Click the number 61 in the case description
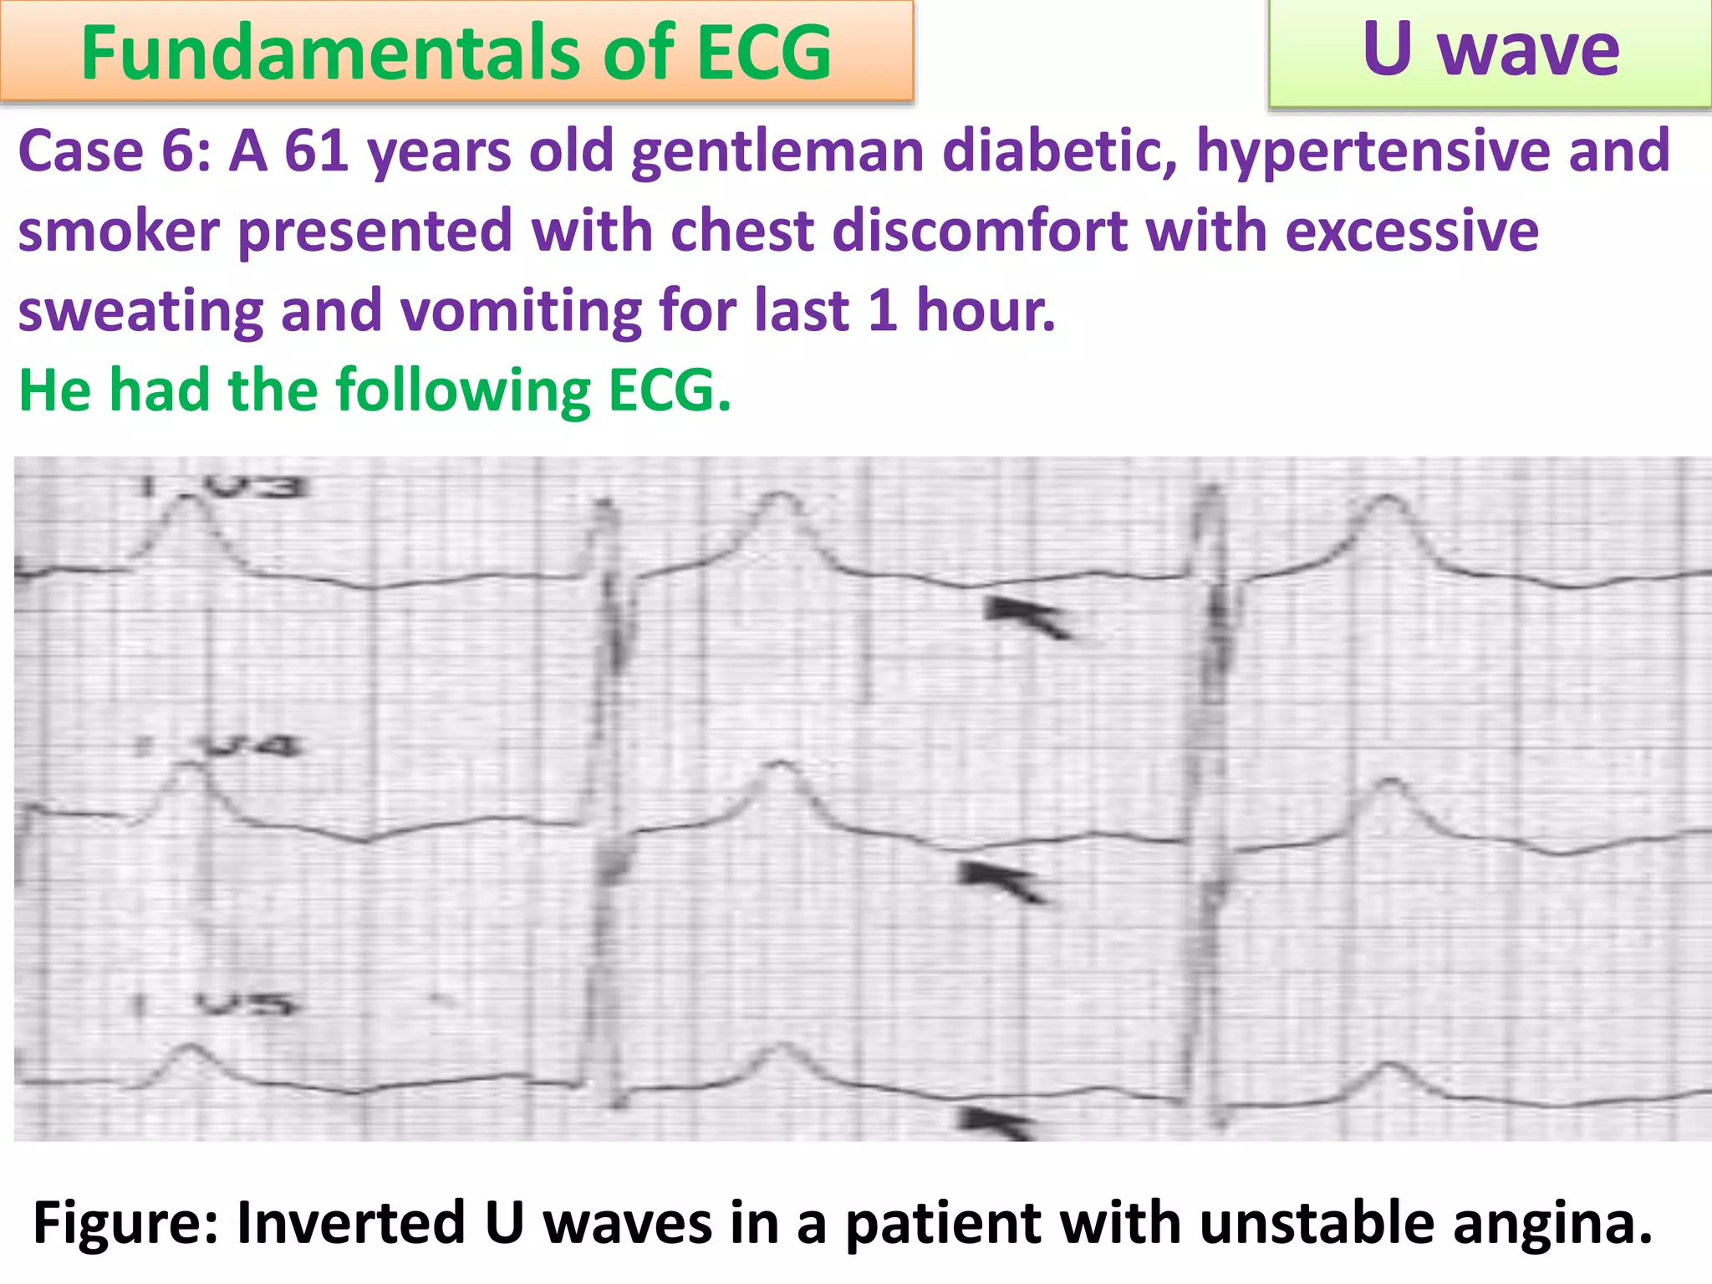tap(316, 151)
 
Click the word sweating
tap(140, 311)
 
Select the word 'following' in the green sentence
tap(463, 391)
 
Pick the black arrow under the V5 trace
tap(997, 1122)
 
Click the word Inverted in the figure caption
tap(351, 1223)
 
